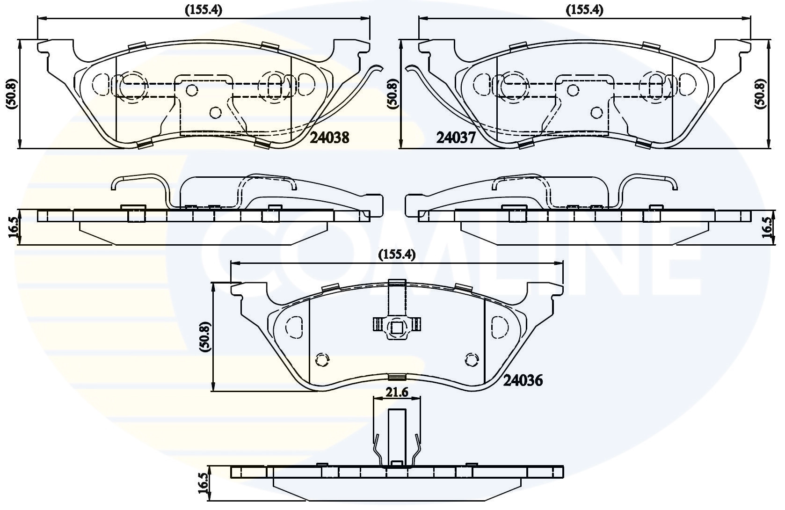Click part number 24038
[x=330, y=138]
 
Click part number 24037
[x=456, y=138]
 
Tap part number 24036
[x=523, y=381]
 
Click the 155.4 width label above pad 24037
[x=585, y=9]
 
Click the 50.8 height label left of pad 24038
[x=12, y=94]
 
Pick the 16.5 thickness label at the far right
[x=767, y=227]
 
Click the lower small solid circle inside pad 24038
[x=215, y=112]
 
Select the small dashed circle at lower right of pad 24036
[x=472, y=359]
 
